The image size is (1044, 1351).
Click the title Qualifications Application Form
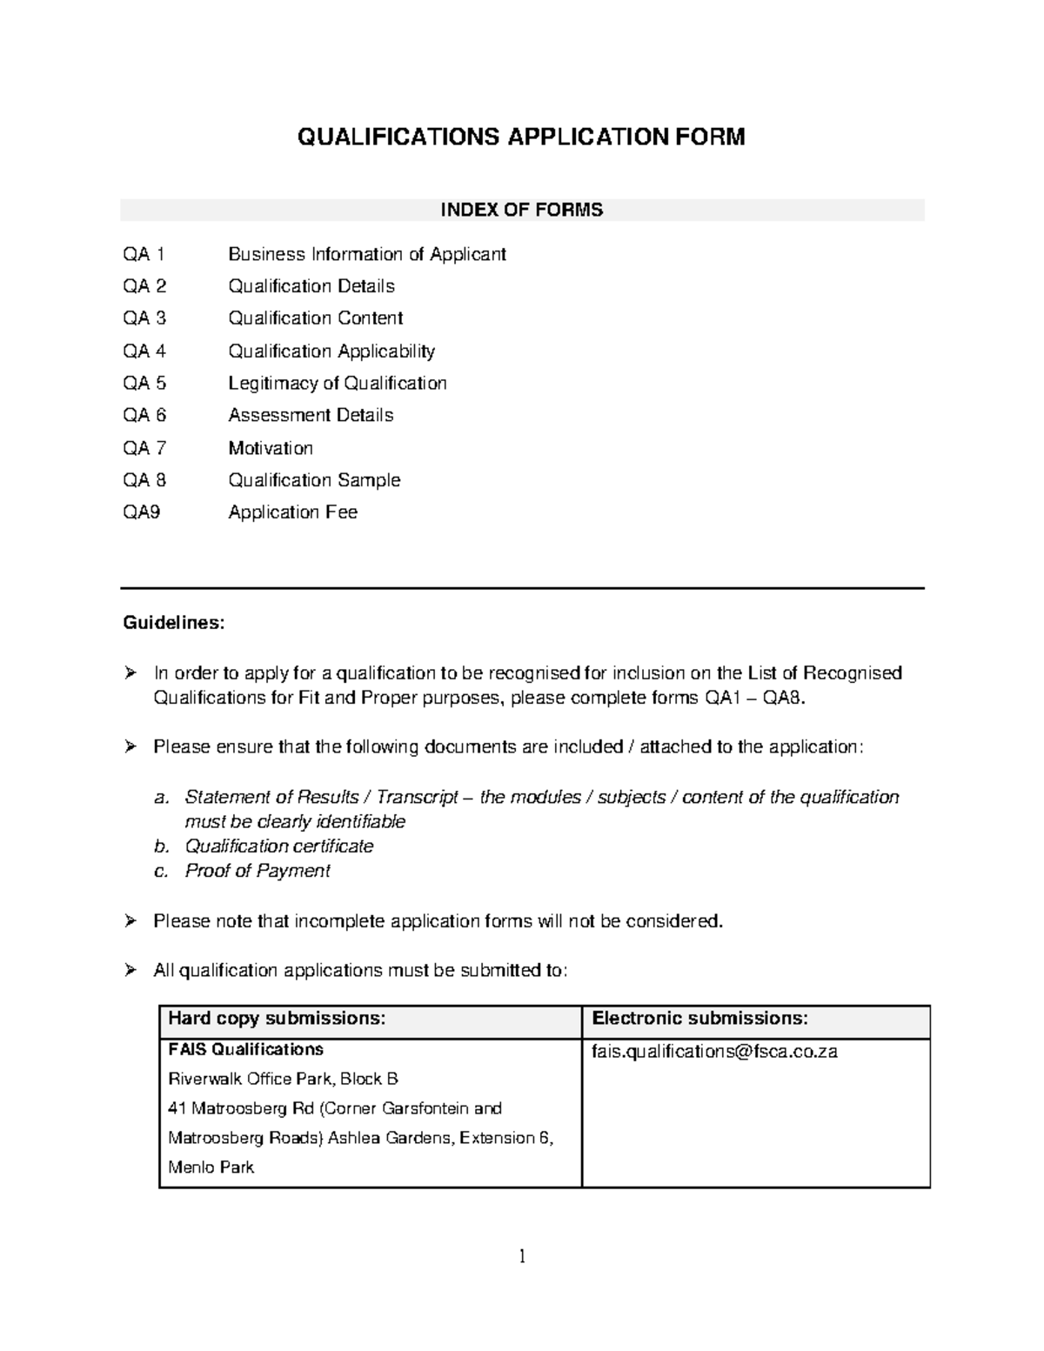click(x=521, y=137)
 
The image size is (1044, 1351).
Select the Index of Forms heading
click(x=521, y=210)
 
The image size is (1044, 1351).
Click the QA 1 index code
click(x=144, y=254)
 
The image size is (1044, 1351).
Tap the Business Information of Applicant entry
click(x=366, y=254)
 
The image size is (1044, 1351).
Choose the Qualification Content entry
click(x=315, y=318)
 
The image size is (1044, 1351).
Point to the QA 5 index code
click(x=144, y=384)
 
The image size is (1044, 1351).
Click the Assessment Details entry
click(x=311, y=416)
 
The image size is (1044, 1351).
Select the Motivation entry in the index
click(x=270, y=448)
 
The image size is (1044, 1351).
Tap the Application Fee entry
click(x=292, y=512)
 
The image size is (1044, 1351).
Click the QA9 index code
click(x=141, y=512)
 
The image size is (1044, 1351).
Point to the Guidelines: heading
click(x=173, y=623)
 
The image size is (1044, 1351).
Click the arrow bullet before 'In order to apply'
click(x=130, y=672)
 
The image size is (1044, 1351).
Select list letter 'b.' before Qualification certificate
click(x=160, y=846)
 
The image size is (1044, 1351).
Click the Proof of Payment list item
click(x=257, y=871)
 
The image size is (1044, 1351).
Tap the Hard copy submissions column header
click(x=277, y=1019)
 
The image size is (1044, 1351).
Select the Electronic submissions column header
click(x=699, y=1019)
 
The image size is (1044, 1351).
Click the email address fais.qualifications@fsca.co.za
click(x=714, y=1052)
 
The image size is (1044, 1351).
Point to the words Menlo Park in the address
click(x=211, y=1167)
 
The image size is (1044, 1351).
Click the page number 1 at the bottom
click(x=522, y=1256)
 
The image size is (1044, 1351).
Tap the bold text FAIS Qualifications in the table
click(x=245, y=1050)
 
